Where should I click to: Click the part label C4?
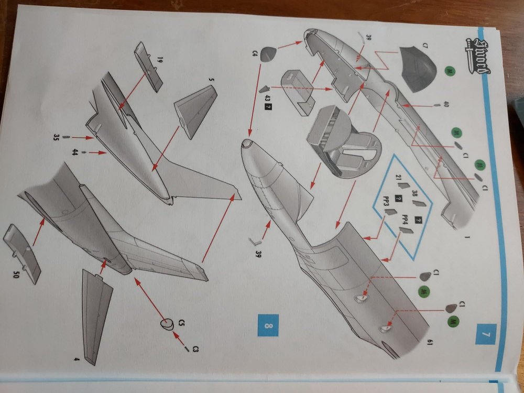[x=255, y=52]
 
